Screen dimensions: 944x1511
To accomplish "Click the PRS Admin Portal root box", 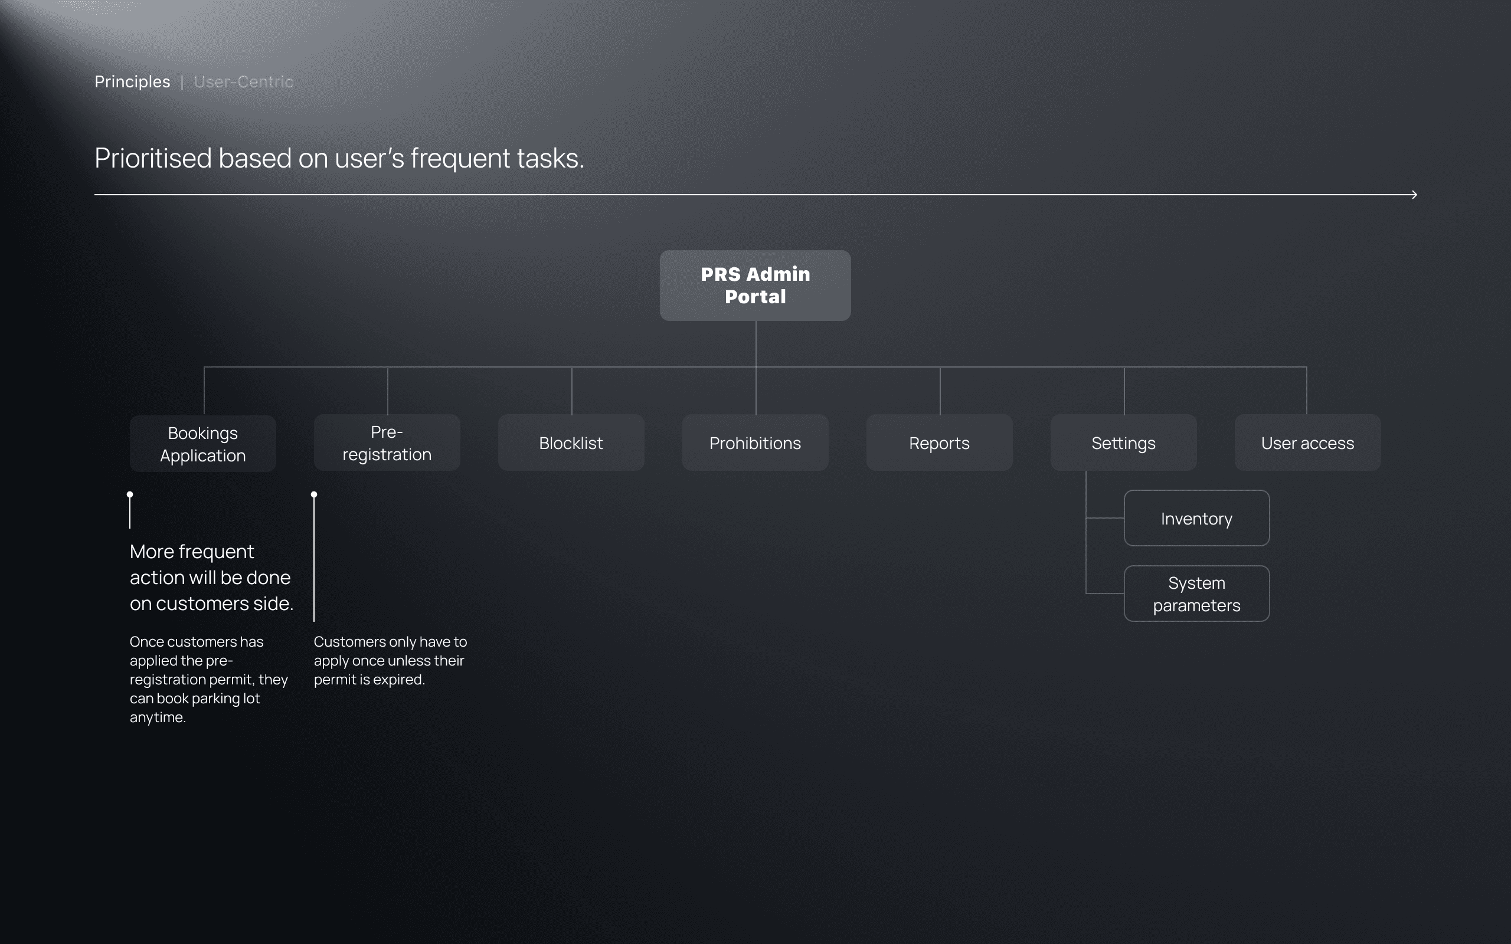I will (755, 286).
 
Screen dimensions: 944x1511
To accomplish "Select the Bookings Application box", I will (203, 443).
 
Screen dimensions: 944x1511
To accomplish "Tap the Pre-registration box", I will (387, 442).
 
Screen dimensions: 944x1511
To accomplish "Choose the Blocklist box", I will (571, 442).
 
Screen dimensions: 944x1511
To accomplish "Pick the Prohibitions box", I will (755, 442).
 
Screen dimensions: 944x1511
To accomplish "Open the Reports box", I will (939, 442).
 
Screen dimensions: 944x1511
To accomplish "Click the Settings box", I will (1123, 442).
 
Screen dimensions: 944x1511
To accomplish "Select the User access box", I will (1307, 442).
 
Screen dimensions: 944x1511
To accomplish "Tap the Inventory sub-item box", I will (1196, 518).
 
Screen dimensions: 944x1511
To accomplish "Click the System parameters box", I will (1196, 594).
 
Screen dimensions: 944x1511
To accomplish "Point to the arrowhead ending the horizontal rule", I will (1414, 195).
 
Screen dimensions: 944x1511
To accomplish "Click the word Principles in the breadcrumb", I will (132, 82).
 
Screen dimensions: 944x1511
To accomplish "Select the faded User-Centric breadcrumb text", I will (243, 82).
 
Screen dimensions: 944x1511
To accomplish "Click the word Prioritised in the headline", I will (153, 158).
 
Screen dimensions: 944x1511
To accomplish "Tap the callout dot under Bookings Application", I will (130, 494).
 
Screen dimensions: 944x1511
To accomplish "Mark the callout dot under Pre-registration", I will (314, 494).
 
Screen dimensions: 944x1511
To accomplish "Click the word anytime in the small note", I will (157, 717).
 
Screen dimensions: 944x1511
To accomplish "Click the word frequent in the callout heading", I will (216, 552).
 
